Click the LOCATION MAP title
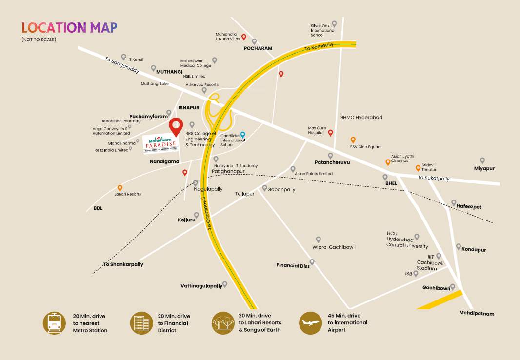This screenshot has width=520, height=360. (69, 27)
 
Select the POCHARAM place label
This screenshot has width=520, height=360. (258, 49)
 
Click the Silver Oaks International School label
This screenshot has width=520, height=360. (323, 30)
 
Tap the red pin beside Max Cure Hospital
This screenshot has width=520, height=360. (330, 133)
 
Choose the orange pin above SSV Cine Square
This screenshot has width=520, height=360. (353, 140)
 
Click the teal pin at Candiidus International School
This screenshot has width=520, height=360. (243, 135)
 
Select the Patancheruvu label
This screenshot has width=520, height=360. (332, 162)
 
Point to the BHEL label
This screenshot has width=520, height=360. (391, 183)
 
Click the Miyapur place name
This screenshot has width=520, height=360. (484, 168)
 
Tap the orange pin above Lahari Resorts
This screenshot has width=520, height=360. (120, 188)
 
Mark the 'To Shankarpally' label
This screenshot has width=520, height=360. (123, 264)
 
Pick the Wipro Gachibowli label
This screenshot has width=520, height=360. (334, 247)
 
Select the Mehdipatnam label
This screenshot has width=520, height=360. (477, 313)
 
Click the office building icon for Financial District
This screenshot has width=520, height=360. (141, 323)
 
